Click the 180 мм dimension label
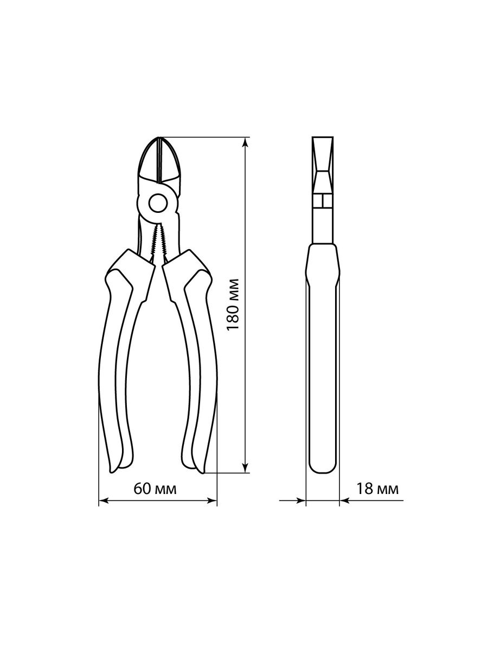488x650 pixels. coord(232,304)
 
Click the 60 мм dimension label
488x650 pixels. coord(155,490)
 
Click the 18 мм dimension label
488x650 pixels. coord(377,489)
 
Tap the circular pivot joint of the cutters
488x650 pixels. coord(157,203)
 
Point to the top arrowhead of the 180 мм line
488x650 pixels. coord(245,142)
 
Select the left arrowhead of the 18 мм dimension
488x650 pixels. coord(300,500)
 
